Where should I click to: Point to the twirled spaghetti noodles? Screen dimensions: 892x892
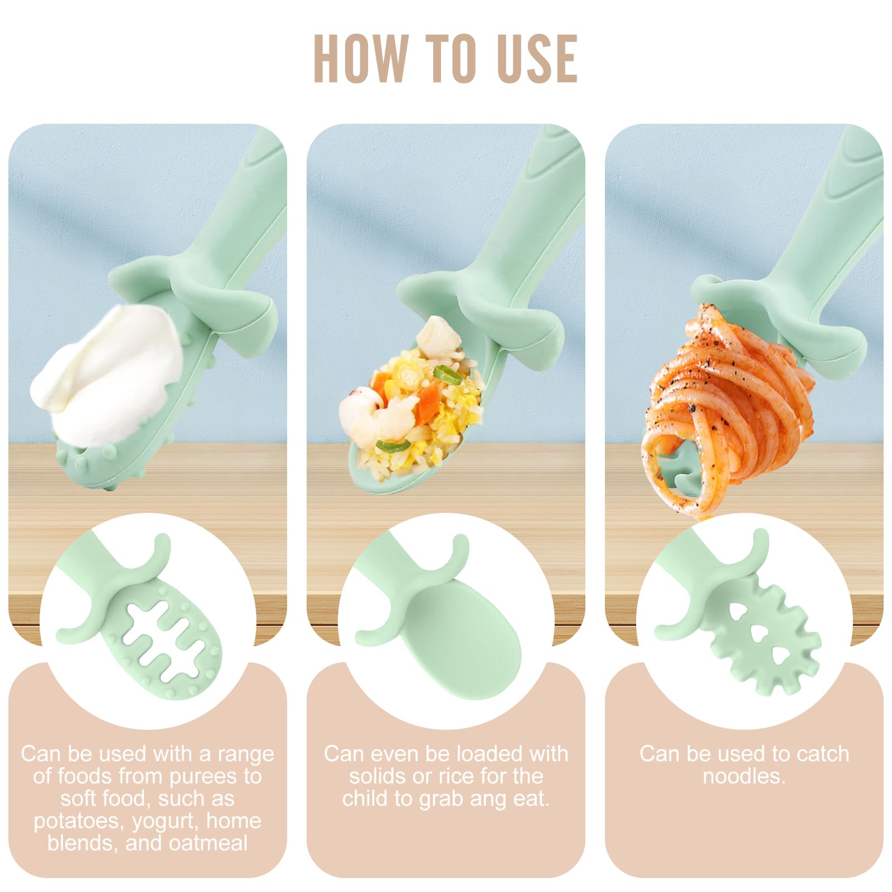[x=730, y=407]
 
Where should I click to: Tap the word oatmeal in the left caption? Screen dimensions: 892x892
[x=208, y=843]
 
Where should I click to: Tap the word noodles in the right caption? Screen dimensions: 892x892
[x=744, y=776]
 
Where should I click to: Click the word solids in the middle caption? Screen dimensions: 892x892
[x=378, y=776]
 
